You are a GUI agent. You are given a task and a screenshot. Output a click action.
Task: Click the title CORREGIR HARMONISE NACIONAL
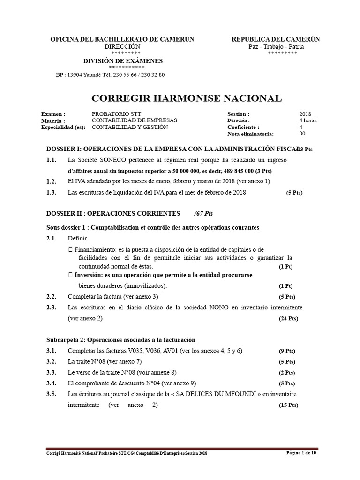(x=186, y=98)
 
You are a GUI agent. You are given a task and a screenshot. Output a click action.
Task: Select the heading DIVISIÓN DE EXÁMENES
(x=123, y=61)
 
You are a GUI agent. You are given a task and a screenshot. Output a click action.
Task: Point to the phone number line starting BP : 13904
(x=110, y=75)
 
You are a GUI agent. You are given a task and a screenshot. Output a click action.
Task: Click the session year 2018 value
(x=305, y=114)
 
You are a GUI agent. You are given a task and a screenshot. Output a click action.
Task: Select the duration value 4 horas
(x=308, y=120)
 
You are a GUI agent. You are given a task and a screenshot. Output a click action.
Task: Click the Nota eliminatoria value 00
(x=302, y=134)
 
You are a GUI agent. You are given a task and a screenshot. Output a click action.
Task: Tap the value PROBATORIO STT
(x=116, y=114)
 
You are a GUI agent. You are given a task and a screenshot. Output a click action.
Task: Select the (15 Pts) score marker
(x=286, y=405)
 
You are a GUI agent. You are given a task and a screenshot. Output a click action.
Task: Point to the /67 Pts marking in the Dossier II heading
(x=203, y=213)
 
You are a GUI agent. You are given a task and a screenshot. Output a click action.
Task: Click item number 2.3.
(x=52, y=307)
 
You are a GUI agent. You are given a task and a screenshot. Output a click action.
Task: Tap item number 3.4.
(x=52, y=383)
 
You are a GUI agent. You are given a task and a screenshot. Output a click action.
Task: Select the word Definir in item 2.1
(x=77, y=239)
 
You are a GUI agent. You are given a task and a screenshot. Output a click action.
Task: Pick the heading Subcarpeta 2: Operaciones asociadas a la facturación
(x=121, y=340)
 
